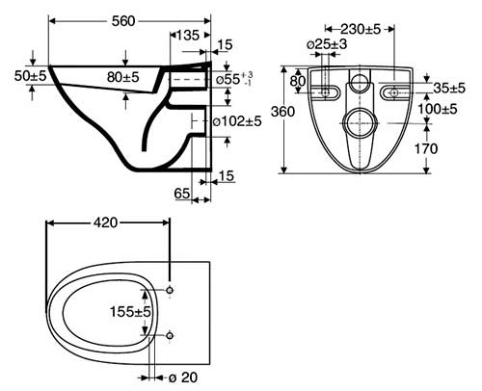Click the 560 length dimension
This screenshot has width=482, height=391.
[123, 21]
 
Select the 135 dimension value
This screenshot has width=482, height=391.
[188, 35]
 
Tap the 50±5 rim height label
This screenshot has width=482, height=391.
[31, 76]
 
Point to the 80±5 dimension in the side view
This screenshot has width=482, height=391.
[123, 77]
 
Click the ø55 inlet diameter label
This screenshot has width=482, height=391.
[234, 79]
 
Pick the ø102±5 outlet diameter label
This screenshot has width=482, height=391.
[238, 121]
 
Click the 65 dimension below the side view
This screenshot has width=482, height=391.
[182, 194]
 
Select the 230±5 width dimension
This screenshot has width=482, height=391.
[361, 29]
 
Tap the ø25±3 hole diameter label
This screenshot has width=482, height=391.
[327, 44]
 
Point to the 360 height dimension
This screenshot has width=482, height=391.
[282, 112]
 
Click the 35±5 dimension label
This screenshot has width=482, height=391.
[449, 88]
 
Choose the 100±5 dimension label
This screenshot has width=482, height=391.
[438, 109]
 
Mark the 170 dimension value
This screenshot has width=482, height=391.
[426, 148]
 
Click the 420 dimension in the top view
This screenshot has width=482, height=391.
[106, 222]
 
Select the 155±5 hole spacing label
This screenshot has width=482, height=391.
[130, 311]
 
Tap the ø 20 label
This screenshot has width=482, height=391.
[183, 378]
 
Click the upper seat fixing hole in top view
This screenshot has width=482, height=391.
[170, 290]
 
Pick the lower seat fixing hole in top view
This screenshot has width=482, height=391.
[170, 336]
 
